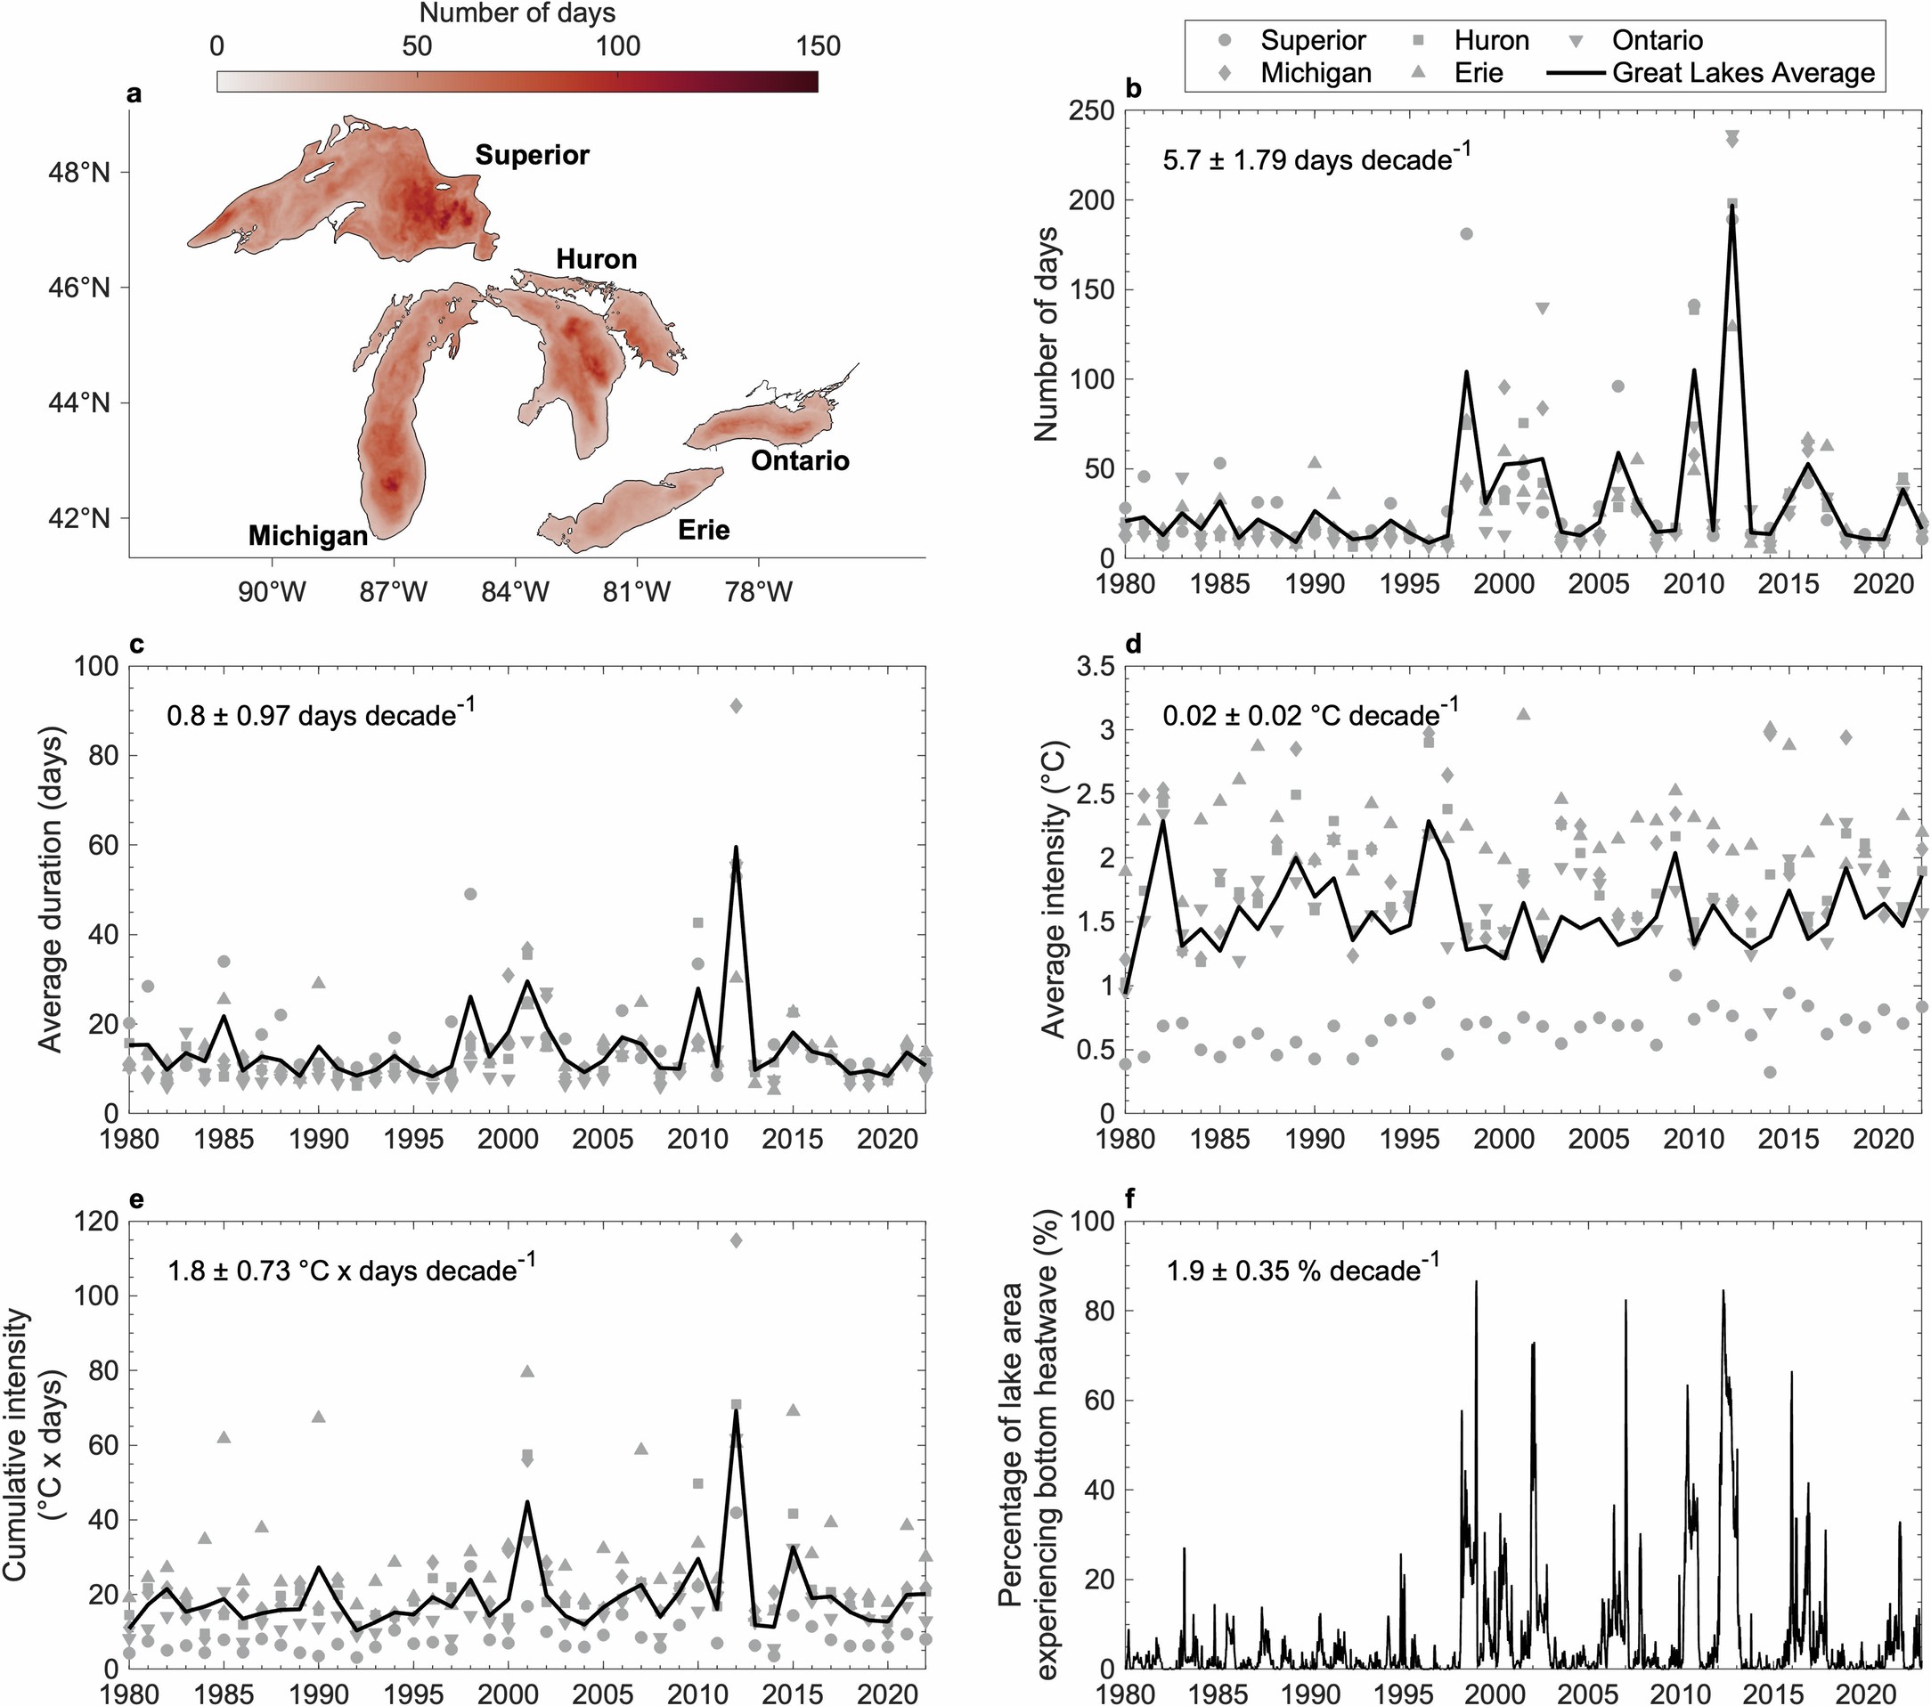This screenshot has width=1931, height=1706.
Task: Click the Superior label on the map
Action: [532, 155]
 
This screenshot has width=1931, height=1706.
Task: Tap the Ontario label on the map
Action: [800, 461]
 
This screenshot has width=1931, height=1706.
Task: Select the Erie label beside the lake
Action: [704, 530]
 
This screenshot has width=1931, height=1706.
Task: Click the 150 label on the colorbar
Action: [817, 46]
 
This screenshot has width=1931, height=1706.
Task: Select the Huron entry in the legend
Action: [1491, 40]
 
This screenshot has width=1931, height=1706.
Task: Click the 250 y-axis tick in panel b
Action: [1092, 111]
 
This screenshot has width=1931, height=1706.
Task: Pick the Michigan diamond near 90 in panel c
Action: [737, 705]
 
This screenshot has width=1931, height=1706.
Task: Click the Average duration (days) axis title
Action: [50, 889]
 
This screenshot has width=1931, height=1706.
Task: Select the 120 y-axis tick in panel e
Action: [97, 1223]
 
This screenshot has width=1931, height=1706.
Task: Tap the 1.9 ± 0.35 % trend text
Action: [1303, 1271]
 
